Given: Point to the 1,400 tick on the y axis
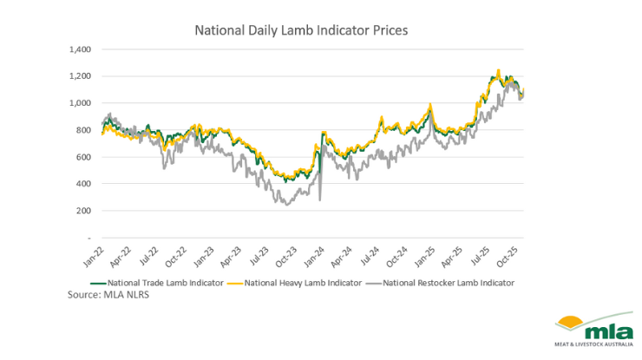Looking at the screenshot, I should click(x=79, y=49).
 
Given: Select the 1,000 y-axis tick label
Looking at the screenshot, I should click(x=79, y=103).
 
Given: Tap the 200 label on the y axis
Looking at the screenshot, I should click(x=82, y=211).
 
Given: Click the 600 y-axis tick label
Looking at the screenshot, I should click(x=82, y=157).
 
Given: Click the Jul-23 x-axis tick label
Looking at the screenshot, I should click(x=258, y=255).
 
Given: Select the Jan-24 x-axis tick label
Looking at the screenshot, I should click(x=311, y=255).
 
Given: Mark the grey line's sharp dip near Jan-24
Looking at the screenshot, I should click(x=319, y=200).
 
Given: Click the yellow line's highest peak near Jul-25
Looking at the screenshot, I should click(x=498, y=70).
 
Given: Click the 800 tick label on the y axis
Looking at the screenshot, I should click(x=82, y=130).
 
